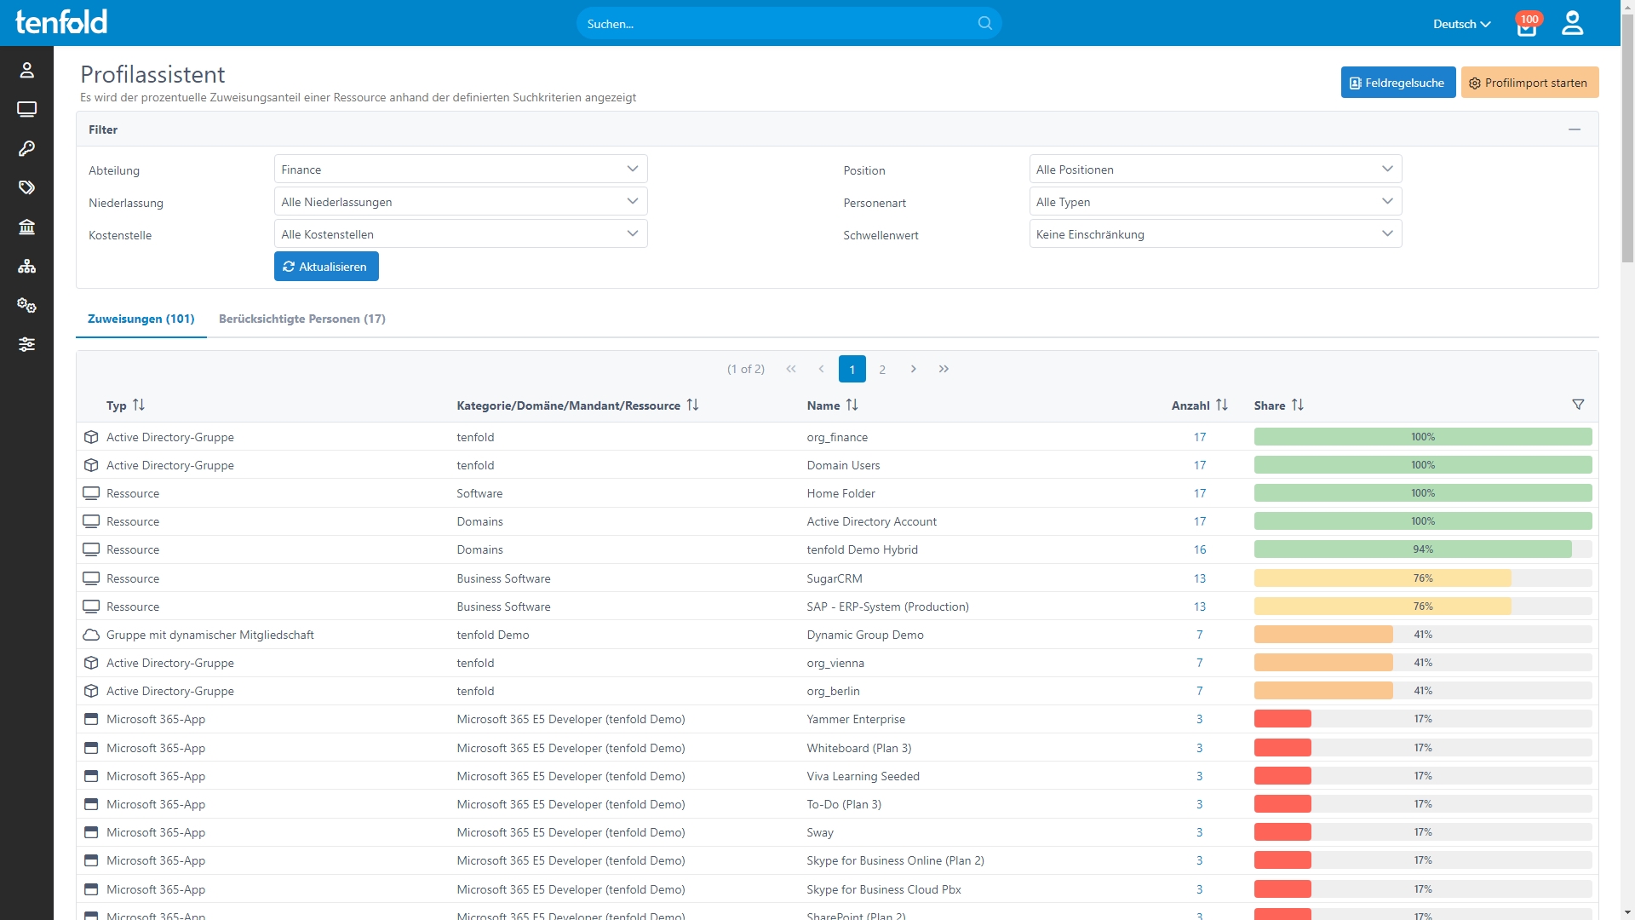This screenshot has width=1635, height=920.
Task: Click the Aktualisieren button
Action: [326, 267]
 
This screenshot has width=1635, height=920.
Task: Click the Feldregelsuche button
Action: [1397, 83]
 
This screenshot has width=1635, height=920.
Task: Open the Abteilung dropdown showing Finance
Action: [461, 170]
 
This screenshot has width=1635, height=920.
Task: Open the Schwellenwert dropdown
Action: [1215, 234]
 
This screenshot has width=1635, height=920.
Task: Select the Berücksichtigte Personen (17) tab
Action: [302, 319]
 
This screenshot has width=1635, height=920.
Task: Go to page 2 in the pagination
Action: [882, 369]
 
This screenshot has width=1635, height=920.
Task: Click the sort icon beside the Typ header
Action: [139, 405]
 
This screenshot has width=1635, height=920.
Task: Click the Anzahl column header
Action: [1190, 405]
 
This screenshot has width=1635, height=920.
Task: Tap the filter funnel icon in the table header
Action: [1578, 405]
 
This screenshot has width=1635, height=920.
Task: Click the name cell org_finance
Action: [837, 437]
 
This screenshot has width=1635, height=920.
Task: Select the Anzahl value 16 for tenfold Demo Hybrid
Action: [1200, 549]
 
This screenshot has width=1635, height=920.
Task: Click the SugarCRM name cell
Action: [835, 578]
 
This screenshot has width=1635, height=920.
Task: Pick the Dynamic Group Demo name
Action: [865, 635]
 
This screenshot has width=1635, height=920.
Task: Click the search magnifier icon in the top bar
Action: [985, 23]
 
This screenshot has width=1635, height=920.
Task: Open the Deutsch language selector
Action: [1461, 24]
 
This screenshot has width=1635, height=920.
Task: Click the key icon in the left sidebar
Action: [26, 148]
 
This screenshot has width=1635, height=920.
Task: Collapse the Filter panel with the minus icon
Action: [1575, 129]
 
